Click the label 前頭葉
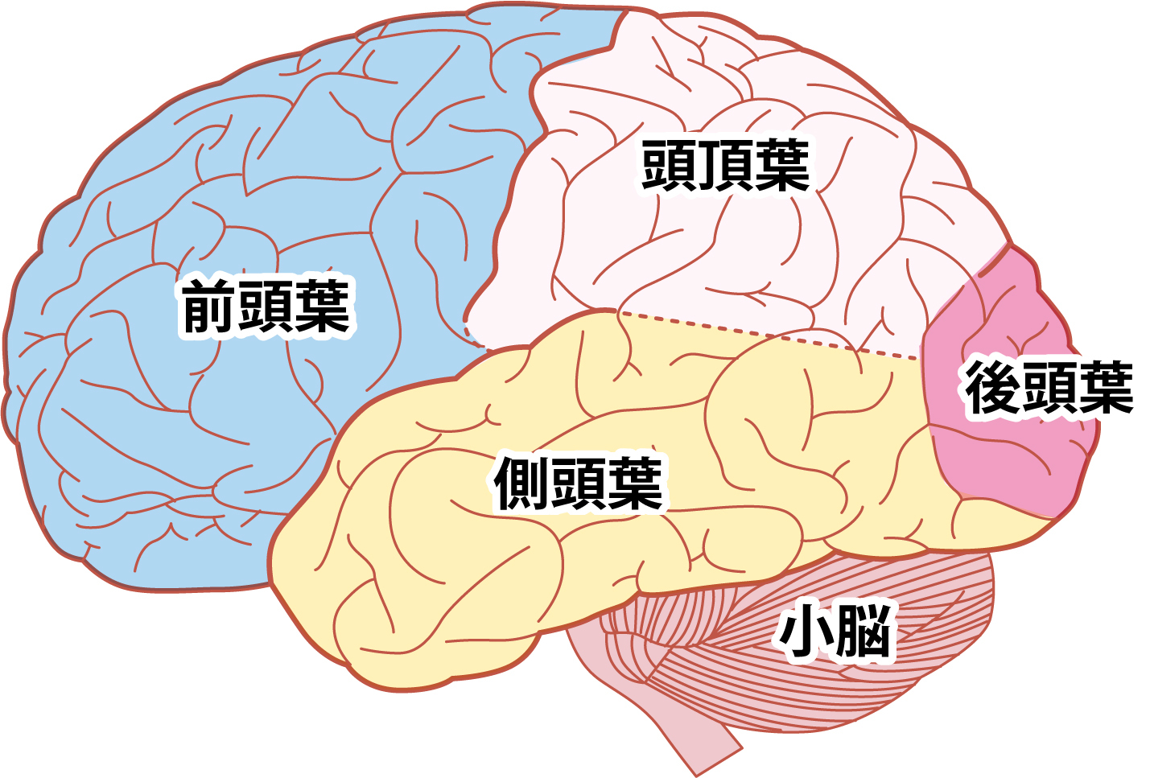coord(266,306)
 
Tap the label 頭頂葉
coord(725,165)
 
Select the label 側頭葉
coord(578,484)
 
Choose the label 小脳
coord(835,631)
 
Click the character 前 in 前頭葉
coord(209,306)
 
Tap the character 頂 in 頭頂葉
coord(725,165)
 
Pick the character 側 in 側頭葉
coord(521,484)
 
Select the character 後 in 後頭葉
coord(992,387)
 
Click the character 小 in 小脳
coord(806,631)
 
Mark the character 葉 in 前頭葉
coord(324,306)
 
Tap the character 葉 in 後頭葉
coord(1107,387)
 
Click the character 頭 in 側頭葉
coord(578,484)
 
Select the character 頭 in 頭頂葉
coord(669,165)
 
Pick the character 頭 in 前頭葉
coord(266,306)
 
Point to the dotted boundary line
coord(770,335)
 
